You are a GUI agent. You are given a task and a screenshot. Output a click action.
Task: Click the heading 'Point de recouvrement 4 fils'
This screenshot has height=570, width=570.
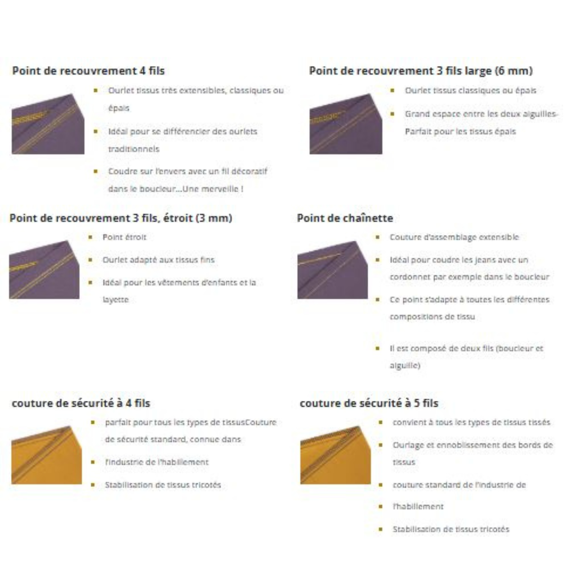88,71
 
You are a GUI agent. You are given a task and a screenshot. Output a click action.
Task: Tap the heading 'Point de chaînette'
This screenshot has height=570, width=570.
345,218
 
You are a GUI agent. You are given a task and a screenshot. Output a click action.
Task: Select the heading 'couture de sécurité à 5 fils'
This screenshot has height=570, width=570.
369,403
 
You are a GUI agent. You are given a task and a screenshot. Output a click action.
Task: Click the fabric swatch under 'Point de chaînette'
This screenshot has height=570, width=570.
332,270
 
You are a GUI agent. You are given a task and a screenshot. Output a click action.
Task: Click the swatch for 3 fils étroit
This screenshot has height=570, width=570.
44,270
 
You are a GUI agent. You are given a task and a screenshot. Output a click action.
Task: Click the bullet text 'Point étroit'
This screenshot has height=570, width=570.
124,237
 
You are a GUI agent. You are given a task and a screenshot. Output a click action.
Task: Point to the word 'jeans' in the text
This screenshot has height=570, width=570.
479,260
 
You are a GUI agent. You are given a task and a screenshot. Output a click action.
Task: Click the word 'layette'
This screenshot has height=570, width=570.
115,300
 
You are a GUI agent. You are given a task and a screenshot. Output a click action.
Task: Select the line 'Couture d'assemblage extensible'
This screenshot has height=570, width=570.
454,237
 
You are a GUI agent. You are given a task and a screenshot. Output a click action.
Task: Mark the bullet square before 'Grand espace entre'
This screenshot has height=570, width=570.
392,114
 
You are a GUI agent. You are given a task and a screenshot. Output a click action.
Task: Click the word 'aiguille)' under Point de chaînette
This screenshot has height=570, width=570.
405,365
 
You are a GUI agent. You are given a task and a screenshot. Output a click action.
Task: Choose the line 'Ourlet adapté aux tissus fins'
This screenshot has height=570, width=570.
158,260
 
